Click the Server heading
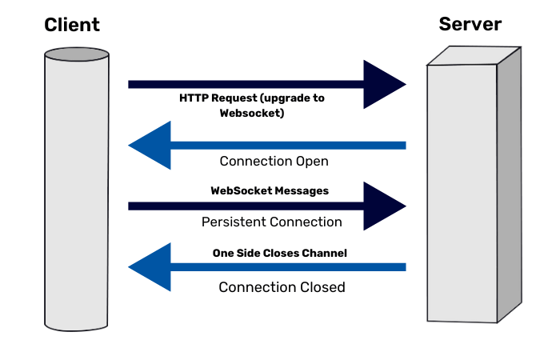click(x=470, y=24)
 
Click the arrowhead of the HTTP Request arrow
click(x=385, y=84)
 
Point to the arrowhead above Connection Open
click(x=150, y=145)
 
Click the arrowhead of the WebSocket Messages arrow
click(x=385, y=206)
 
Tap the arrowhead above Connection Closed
click(x=150, y=266)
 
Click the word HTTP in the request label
click(x=195, y=98)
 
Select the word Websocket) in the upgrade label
click(x=252, y=114)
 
